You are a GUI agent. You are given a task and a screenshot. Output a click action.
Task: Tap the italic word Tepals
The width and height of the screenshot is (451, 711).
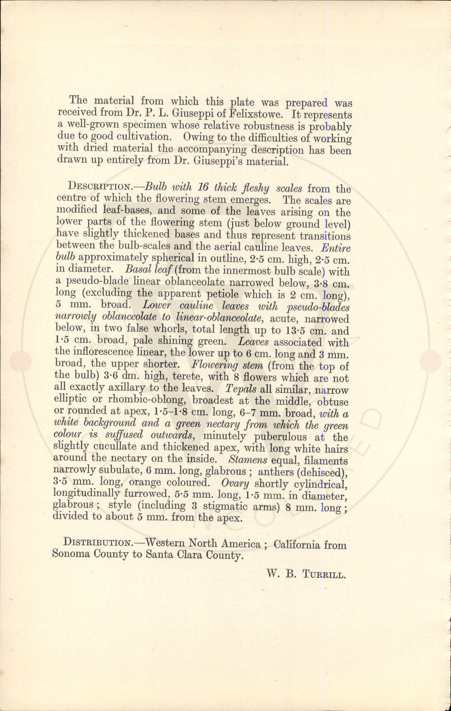coord(242,389)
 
